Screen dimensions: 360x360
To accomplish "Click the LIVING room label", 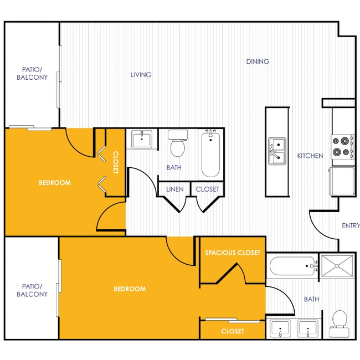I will point(141,75).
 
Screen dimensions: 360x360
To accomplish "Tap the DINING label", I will point(258,61).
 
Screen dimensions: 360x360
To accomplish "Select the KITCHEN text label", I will point(310,156).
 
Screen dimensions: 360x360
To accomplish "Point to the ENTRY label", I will point(350,225).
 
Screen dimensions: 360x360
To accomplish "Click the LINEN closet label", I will point(175,189).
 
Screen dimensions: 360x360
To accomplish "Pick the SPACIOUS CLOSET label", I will point(233,253).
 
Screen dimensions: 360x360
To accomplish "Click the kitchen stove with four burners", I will point(342,146).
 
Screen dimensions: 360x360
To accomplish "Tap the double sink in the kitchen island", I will point(277,152).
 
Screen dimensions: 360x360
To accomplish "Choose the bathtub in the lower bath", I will point(293,269).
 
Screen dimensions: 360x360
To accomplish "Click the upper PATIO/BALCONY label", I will point(35,74).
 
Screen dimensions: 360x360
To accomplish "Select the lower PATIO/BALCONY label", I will point(32,290).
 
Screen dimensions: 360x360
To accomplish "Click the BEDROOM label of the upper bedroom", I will point(54,182).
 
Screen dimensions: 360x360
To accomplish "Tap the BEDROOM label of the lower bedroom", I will point(130,289).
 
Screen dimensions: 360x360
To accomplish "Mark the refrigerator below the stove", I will point(343,182).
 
